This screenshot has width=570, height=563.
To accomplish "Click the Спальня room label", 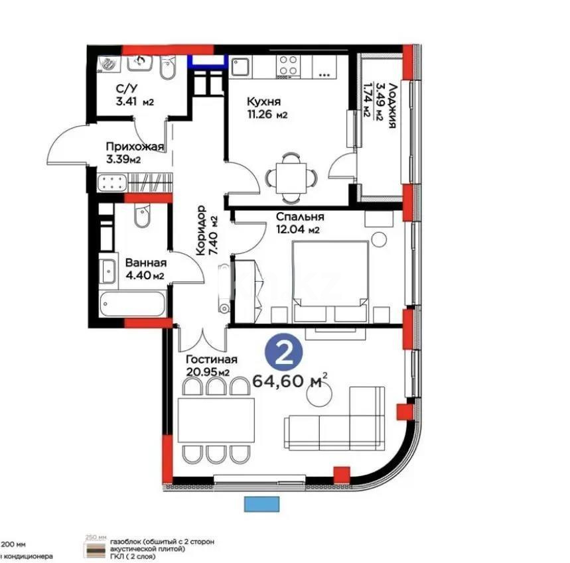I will pos(300,217).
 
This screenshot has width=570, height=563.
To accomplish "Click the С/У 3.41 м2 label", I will pos(126,97).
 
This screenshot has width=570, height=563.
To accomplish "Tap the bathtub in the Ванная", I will pos(133,306).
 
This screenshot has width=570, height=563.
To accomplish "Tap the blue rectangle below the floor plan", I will pos(263,505).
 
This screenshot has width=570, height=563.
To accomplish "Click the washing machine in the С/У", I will pos(106,65).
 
